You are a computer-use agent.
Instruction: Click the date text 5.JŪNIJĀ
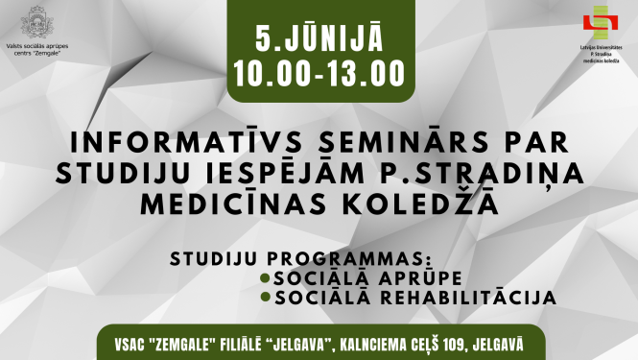click(319, 39)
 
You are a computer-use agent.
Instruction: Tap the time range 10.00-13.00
click(319, 71)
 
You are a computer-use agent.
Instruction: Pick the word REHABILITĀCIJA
click(471, 298)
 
